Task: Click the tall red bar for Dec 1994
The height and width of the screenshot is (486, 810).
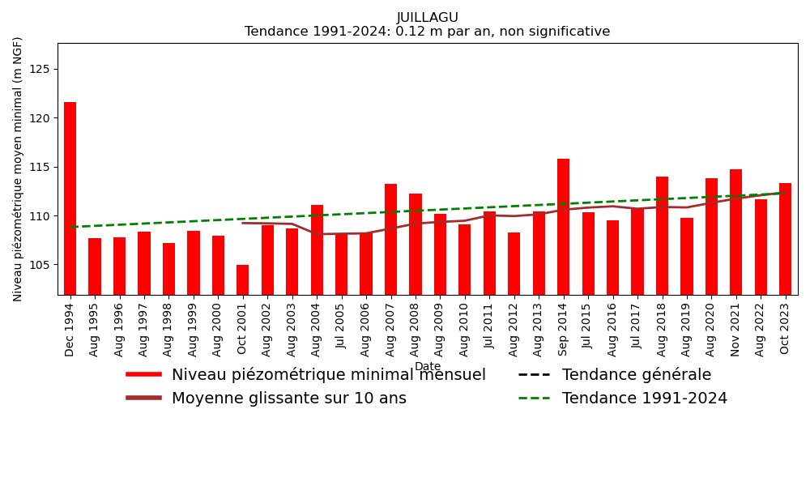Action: (70, 198)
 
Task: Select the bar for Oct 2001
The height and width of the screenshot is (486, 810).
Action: (243, 279)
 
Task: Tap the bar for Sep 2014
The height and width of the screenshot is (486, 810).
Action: (563, 227)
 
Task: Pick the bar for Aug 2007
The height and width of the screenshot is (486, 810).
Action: (390, 239)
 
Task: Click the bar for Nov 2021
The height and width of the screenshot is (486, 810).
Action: (735, 232)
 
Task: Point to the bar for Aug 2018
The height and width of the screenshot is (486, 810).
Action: (662, 235)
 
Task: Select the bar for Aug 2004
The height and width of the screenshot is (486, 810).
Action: (317, 249)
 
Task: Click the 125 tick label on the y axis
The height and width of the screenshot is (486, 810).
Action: (40, 70)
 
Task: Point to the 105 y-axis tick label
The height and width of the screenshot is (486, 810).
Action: (40, 265)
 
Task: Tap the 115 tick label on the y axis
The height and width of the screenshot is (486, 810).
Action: (40, 167)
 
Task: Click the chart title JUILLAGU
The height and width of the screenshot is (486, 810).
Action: (427, 18)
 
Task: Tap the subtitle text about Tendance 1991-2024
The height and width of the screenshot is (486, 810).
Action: (427, 32)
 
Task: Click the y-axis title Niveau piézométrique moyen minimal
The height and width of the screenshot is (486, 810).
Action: (18, 168)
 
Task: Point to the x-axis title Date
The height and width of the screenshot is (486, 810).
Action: (427, 367)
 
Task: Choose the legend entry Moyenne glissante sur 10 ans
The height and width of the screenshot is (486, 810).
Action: (288, 399)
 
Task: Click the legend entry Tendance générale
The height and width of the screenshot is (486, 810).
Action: (636, 375)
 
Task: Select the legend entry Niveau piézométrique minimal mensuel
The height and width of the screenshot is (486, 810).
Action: (328, 375)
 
